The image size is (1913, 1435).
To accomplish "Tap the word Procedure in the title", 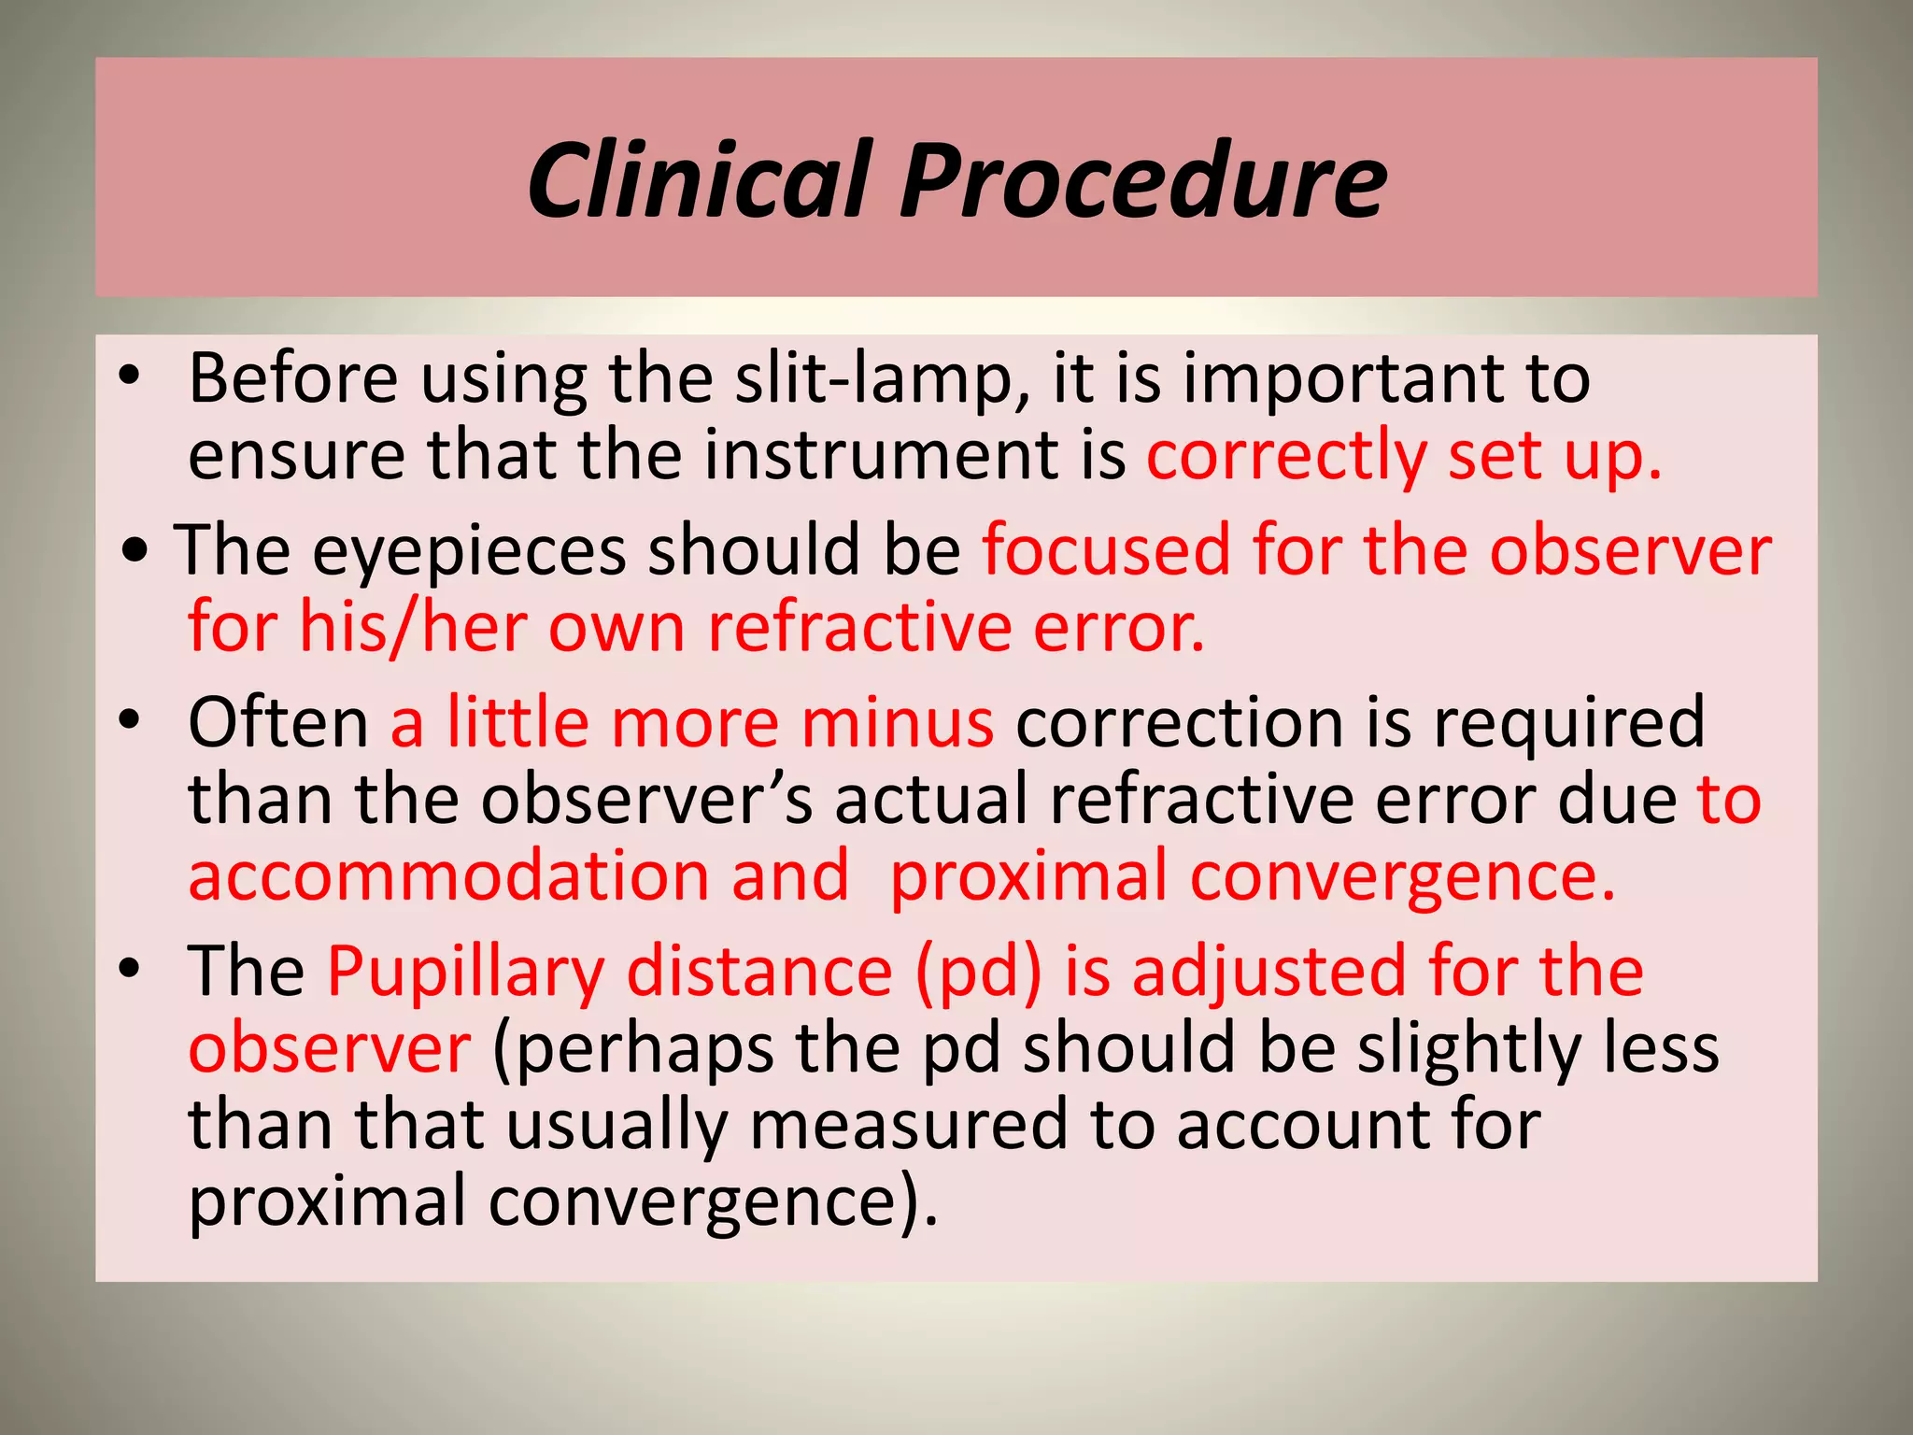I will pos(1143,180).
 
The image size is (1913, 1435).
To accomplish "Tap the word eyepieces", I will pos(469,551).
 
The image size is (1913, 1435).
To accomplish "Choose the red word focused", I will pos(1106,551).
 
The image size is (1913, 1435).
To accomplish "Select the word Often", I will pos(278,723).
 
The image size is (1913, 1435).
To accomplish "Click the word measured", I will pos(908,1125).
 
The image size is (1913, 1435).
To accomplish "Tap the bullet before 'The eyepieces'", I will pos(135,550).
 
